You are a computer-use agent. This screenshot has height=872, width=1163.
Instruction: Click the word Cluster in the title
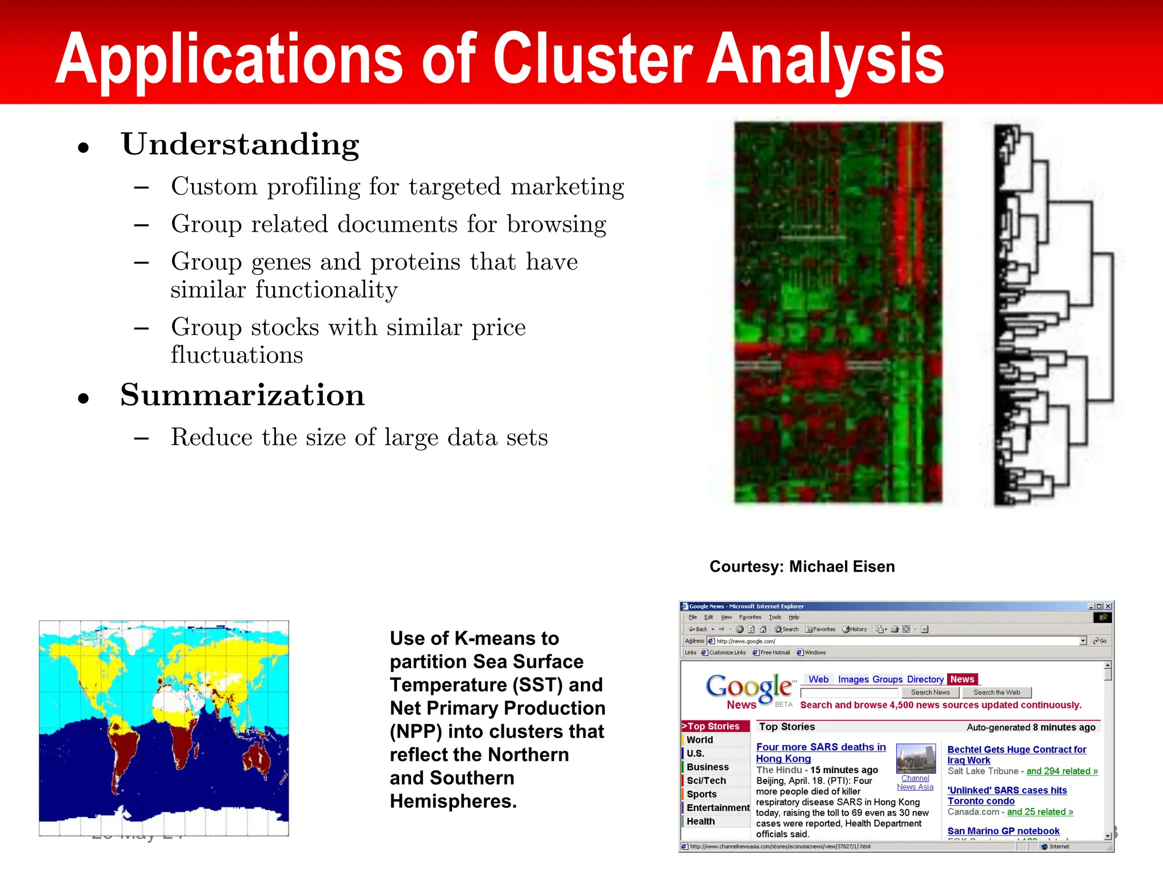click(592, 58)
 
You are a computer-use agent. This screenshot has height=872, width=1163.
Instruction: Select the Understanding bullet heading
click(240, 144)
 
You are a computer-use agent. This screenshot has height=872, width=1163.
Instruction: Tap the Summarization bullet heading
click(242, 395)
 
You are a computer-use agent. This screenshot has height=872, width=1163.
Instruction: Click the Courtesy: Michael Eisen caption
click(801, 567)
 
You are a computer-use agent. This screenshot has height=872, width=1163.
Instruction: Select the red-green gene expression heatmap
click(838, 312)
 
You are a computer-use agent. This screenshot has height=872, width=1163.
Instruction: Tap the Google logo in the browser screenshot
click(748, 687)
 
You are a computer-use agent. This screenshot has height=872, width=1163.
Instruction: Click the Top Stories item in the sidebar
click(714, 726)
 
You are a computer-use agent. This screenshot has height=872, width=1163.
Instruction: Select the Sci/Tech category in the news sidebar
click(706, 781)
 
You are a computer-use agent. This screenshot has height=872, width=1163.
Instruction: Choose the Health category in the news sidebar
click(700, 821)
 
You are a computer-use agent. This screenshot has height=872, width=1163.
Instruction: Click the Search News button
click(930, 693)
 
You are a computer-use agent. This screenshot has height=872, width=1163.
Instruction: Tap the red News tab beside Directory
click(961, 680)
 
